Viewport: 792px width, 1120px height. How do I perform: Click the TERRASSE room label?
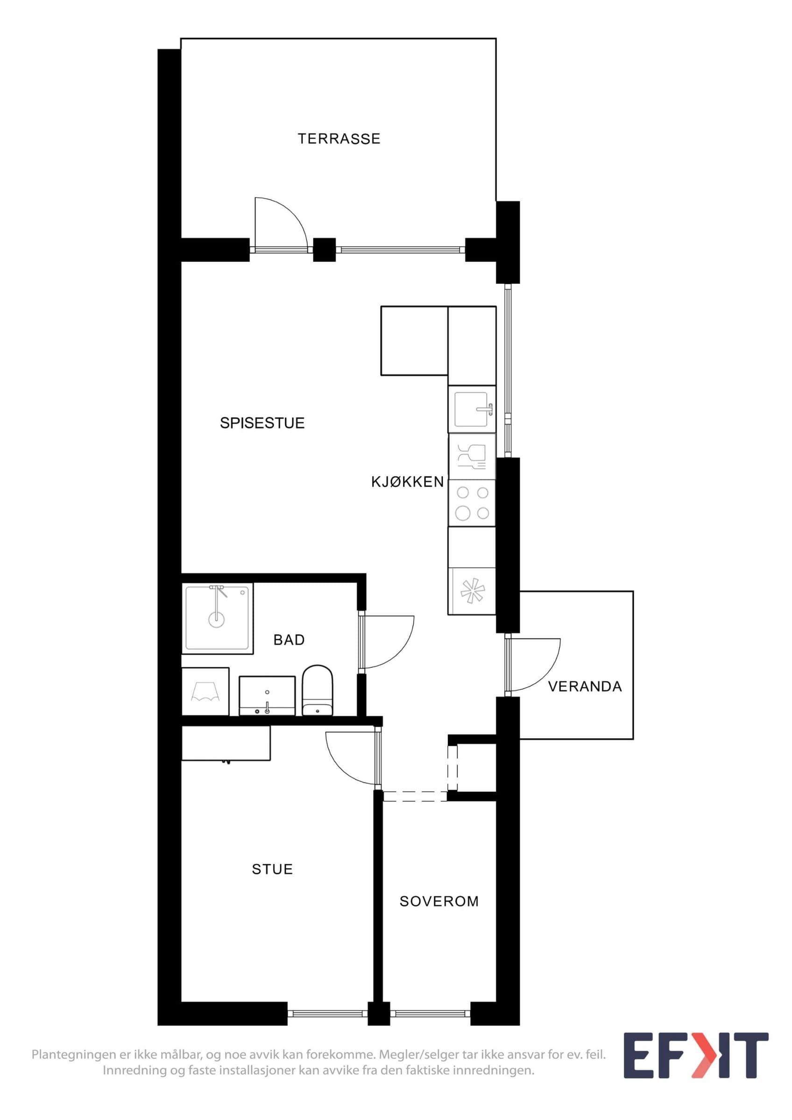click(339, 139)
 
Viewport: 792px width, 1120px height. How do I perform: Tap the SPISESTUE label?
click(262, 423)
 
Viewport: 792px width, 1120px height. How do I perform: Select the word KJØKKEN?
click(408, 482)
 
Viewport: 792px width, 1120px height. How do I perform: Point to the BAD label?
click(290, 639)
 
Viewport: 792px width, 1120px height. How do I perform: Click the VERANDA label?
click(585, 686)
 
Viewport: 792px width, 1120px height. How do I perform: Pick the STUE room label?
click(272, 869)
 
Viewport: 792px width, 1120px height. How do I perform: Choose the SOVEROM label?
click(439, 901)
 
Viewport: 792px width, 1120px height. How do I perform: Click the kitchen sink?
click(472, 409)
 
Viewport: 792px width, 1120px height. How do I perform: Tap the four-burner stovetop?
click(472, 503)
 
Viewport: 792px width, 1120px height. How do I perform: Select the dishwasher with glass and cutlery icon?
click(472, 456)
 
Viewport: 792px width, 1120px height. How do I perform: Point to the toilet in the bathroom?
click(318, 690)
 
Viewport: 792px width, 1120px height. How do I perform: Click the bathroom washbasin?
click(267, 696)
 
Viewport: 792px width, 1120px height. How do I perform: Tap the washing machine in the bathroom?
click(205, 691)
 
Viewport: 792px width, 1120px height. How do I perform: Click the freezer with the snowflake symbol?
click(472, 591)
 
